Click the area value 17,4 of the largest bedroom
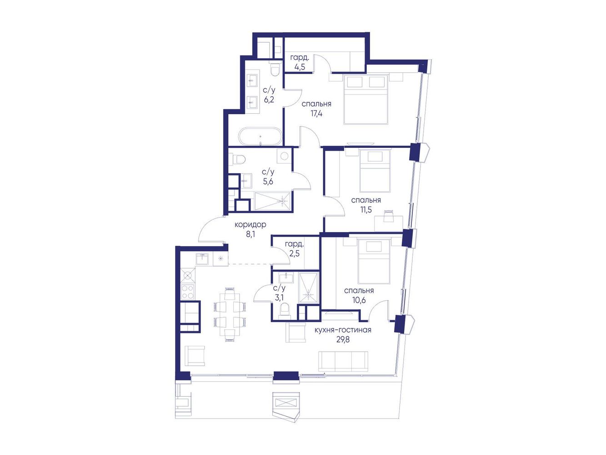pos(316,113)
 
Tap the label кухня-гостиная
pos(343,330)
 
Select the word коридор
pos(250,225)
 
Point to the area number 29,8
pos(343,339)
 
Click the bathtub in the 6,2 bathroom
pos(260,136)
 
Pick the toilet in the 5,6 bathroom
pos(237,160)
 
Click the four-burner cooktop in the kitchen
pos(188,292)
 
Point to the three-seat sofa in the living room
pos(343,361)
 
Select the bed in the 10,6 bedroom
pos(374,261)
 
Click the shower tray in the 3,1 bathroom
pos(308,288)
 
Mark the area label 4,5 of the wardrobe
pos(300,67)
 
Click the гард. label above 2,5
pos(294,244)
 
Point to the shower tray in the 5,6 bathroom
pos(272,202)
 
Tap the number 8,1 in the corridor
pos(250,234)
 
